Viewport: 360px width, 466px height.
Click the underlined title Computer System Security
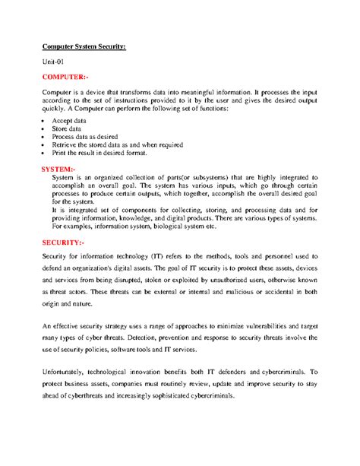click(84, 46)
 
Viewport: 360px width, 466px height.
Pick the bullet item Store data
click(66, 129)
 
